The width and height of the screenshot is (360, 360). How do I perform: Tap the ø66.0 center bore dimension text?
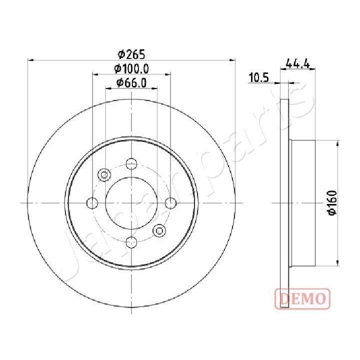[131, 83]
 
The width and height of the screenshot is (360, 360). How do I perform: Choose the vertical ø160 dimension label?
[331, 203]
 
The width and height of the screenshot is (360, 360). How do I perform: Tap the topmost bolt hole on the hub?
[131, 163]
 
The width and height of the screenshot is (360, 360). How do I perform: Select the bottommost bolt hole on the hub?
[131, 242]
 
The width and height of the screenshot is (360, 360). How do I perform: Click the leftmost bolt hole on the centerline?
[92, 203]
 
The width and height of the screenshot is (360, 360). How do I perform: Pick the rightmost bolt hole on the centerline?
[170, 203]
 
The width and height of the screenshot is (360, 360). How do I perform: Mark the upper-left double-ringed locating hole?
[104, 175]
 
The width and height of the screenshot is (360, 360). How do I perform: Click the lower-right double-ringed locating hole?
[159, 230]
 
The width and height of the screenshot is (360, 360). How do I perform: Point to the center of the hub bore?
[131, 203]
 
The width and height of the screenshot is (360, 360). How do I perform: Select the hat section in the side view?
[303, 203]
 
